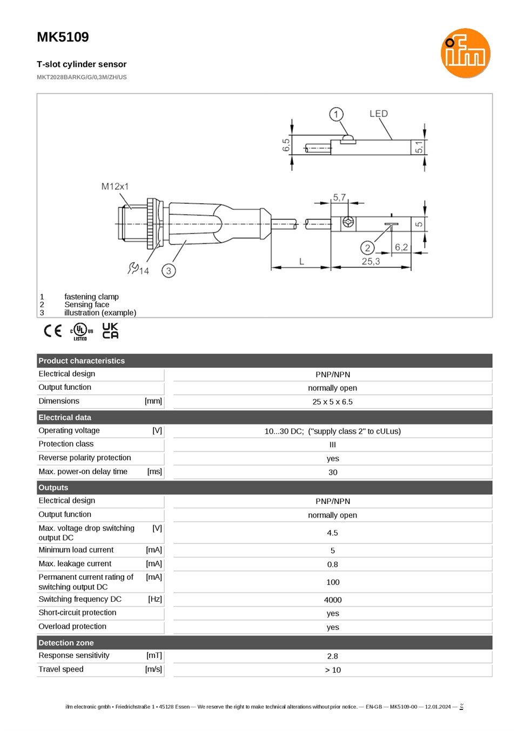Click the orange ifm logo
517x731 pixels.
pyautogui.click(x=465, y=53)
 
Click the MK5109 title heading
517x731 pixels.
pyautogui.click(x=63, y=37)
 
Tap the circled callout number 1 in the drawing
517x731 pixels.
pyautogui.click(x=336, y=114)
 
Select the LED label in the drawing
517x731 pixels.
pyautogui.click(x=379, y=114)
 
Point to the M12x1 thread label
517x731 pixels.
pyautogui.click(x=115, y=187)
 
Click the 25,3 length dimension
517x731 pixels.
pyautogui.click(x=371, y=261)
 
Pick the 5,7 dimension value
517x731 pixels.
pyautogui.click(x=339, y=197)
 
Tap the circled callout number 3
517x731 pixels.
pyautogui.click(x=169, y=270)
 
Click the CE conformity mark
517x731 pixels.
pyautogui.click(x=52, y=331)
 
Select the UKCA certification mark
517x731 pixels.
pyautogui.click(x=110, y=330)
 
